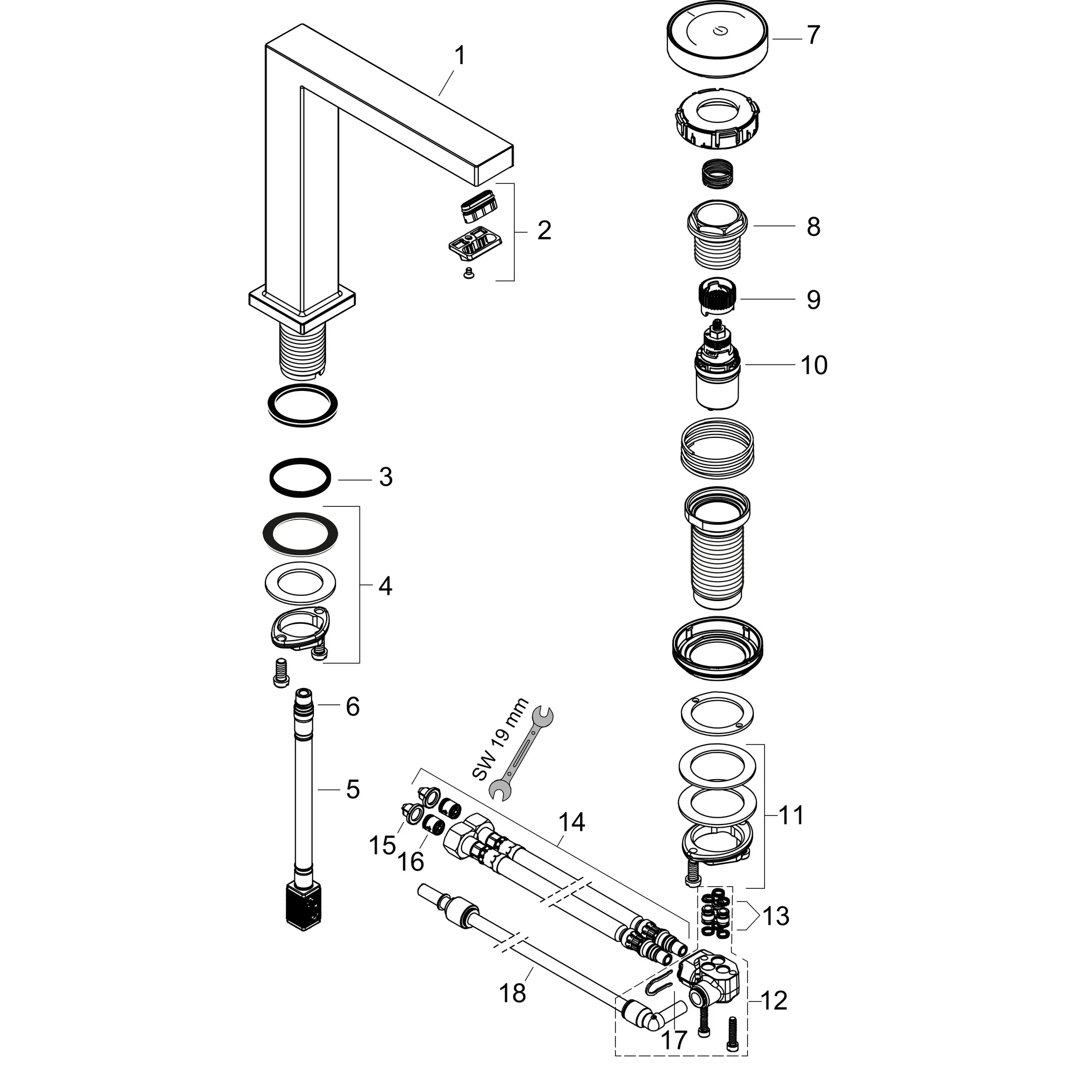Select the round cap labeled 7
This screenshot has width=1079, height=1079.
[717, 39]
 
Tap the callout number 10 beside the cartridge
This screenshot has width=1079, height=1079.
[813, 365]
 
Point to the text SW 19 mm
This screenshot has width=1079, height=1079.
[500, 739]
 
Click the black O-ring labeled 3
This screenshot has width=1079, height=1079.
[300, 478]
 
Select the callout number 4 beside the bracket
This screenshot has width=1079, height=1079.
[385, 586]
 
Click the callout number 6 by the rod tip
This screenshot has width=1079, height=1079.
[352, 707]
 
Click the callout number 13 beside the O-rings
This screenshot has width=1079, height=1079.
[776, 916]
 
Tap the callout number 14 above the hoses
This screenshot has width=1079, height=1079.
[571, 822]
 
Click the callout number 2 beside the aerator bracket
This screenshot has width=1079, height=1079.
[544, 230]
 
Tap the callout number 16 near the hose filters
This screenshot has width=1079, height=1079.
[410, 862]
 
